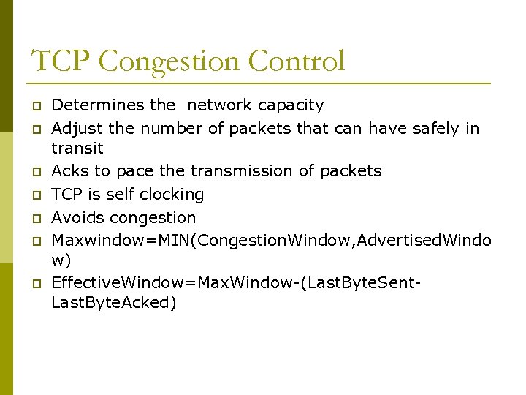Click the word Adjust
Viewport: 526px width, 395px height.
(77, 129)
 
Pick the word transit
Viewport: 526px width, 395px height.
(77, 148)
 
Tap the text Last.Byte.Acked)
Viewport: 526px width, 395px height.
(113, 303)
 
